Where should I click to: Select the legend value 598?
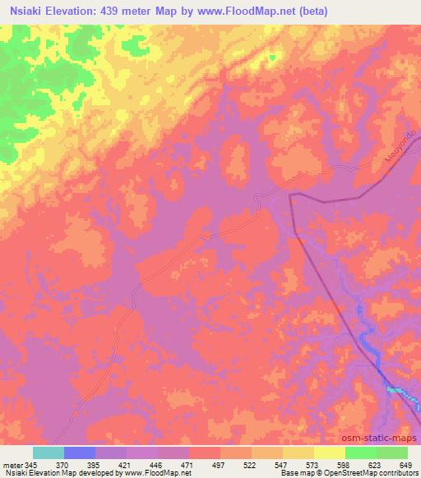pos(343,465)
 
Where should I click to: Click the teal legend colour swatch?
pos(49,453)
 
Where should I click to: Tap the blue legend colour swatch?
pos(80,453)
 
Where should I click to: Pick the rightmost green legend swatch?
pos(392,453)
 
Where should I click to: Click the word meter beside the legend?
pos(12,465)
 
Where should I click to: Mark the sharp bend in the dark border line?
pos(290,195)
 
